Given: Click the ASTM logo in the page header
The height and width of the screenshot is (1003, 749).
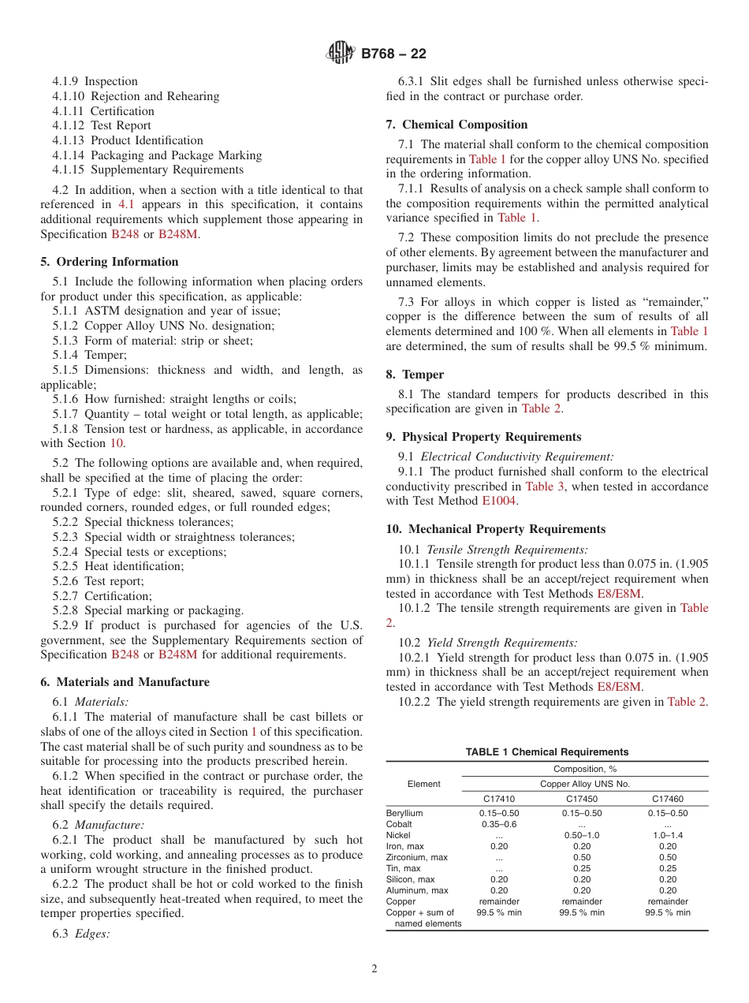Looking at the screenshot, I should tap(341, 54).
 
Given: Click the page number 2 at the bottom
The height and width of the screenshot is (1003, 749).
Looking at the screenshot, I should tap(374, 969).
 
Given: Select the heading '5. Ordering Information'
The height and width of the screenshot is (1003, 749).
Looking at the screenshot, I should tap(110, 262).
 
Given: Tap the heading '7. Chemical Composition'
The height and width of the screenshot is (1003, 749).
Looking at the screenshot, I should tap(456, 125).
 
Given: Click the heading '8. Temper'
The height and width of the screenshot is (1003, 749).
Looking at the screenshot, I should tap(415, 375).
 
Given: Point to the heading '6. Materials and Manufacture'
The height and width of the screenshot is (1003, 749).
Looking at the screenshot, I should tap(125, 682).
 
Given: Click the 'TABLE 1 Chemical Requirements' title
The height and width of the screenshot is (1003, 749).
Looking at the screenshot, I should tap(547, 752).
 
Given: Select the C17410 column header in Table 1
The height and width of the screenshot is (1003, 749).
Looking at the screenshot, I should tap(498, 799).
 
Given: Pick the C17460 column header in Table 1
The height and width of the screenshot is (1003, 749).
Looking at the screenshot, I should tap(667, 799).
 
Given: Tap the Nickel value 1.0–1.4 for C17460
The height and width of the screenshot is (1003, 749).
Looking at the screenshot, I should tap(667, 835).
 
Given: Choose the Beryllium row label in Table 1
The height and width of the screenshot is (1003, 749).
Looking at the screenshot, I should tap(404, 813).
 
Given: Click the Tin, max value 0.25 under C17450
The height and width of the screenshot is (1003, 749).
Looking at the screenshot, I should tap(582, 868).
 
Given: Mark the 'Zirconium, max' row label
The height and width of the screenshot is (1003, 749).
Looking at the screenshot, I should tap(417, 857).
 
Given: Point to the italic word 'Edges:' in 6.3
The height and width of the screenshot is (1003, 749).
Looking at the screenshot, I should tap(93, 934).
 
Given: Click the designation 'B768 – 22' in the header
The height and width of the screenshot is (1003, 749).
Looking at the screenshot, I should tap(393, 54).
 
